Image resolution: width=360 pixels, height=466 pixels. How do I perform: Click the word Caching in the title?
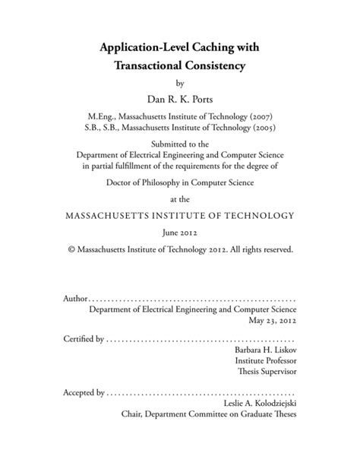coord(207,47)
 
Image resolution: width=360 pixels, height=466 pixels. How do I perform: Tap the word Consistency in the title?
coord(220,67)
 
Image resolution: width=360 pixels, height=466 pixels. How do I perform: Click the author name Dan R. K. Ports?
coord(179,99)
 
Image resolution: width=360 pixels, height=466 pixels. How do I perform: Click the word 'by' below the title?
coord(180,83)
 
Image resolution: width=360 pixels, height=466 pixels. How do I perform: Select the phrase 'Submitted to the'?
coord(180,146)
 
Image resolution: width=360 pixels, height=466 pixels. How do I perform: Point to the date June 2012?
coord(180,233)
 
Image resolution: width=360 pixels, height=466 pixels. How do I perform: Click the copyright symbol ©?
coord(71,249)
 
